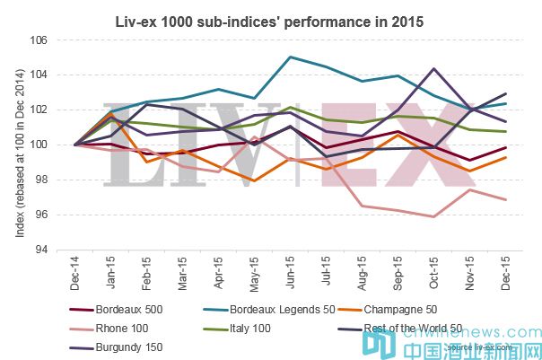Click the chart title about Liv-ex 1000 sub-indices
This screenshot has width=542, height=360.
271,19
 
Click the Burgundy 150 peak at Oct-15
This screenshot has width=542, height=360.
434,68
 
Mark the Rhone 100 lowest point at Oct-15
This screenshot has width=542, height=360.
434,216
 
